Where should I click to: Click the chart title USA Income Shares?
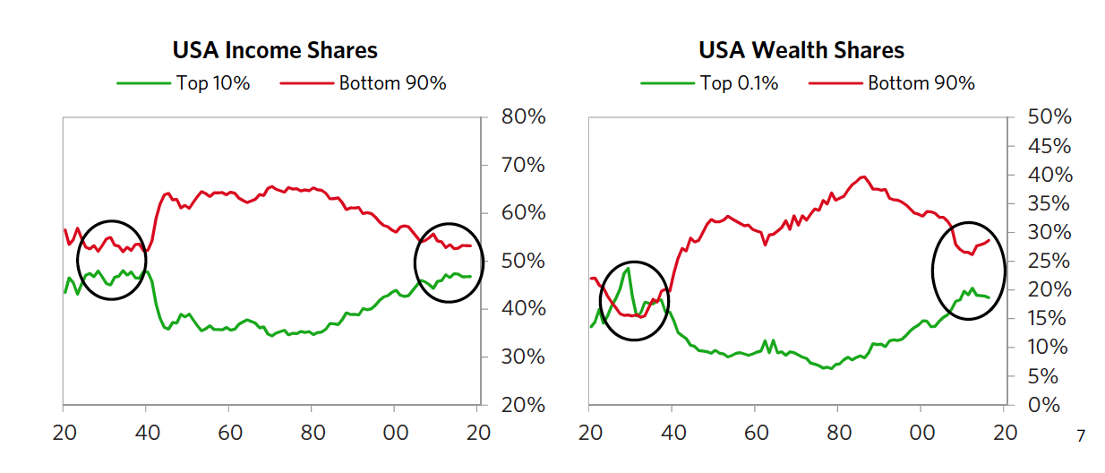click(x=275, y=50)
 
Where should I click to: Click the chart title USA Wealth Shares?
click(x=801, y=50)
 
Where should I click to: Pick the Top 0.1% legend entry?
click(x=739, y=83)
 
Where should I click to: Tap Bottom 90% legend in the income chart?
click(x=392, y=83)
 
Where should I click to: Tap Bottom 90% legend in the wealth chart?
click(x=921, y=83)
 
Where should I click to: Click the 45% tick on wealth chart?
click(x=1050, y=146)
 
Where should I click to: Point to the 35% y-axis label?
click(x=1050, y=203)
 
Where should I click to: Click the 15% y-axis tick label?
click(x=1050, y=319)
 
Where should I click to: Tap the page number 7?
click(x=1081, y=436)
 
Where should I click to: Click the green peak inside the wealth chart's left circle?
click(x=628, y=268)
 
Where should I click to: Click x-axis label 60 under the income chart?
click(x=228, y=432)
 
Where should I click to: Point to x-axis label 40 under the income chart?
click(x=146, y=432)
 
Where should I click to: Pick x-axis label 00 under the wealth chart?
click(x=921, y=432)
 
